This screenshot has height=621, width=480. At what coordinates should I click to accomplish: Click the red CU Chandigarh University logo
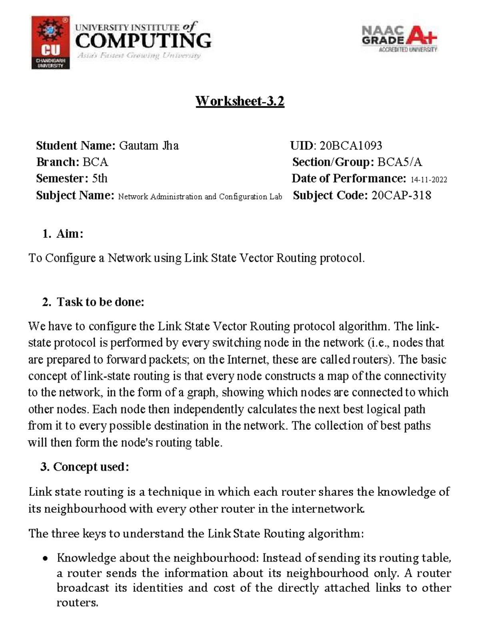(x=50, y=43)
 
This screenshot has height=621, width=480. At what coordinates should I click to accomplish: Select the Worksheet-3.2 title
(x=240, y=101)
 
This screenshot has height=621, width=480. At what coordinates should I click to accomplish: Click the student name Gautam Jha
(x=149, y=146)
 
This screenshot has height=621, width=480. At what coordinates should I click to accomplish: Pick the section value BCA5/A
(x=400, y=162)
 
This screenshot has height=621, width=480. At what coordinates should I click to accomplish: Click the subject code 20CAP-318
(x=401, y=195)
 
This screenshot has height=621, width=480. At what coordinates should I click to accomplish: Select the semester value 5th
(x=100, y=178)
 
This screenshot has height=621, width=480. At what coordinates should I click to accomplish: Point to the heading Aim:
(x=70, y=234)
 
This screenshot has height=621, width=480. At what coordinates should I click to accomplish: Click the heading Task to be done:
(x=100, y=302)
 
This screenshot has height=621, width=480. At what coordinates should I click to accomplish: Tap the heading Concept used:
(x=91, y=467)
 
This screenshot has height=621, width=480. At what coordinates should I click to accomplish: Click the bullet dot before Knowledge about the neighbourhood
(x=46, y=559)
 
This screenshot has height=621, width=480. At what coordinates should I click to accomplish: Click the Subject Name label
(x=75, y=195)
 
